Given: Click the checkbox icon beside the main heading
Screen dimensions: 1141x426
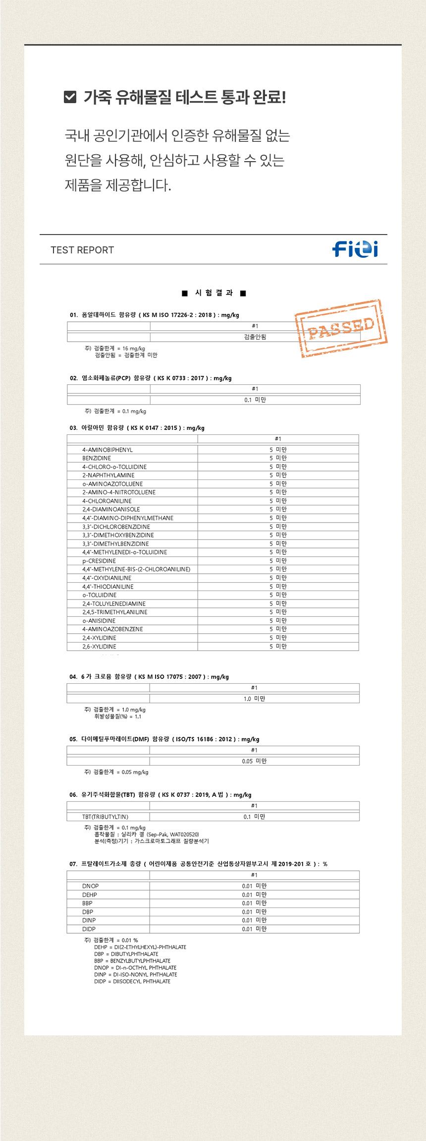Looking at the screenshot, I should pos(70,97).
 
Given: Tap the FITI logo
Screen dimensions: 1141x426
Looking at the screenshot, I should pos(355,249).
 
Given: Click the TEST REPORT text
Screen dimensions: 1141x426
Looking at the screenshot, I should pos(82,250).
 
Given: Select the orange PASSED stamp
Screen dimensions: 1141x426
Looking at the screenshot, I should pos(341,328).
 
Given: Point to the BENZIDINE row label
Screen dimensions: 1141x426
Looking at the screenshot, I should pos(97,458).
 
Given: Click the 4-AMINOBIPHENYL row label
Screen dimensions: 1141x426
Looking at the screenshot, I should pos(107,450).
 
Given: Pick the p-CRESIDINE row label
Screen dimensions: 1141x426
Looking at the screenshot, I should pos(99,561).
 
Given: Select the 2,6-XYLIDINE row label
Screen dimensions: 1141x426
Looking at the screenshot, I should pos(99,647).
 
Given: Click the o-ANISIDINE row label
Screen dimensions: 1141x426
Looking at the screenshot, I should pos(99,621).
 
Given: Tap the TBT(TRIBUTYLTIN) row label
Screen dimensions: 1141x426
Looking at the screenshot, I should pos(105,817).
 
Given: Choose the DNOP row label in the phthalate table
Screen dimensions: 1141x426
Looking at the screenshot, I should pos(90,886).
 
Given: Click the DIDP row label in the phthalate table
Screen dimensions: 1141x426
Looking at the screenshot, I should pos(89,929).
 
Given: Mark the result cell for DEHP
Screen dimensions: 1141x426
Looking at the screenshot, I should pos(254,895).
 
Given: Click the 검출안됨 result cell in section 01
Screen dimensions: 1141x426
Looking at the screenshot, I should pos(255,337).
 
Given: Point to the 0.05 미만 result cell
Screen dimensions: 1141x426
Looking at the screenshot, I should pos(254,761).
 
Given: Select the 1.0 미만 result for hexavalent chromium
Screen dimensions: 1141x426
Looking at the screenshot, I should pos(254,699).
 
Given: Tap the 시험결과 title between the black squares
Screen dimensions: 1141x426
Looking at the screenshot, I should pos(214,293).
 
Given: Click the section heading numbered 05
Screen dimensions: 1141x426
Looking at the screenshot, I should pos(164,739).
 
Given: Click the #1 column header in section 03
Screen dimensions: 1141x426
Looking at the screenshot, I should pos(278,439).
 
